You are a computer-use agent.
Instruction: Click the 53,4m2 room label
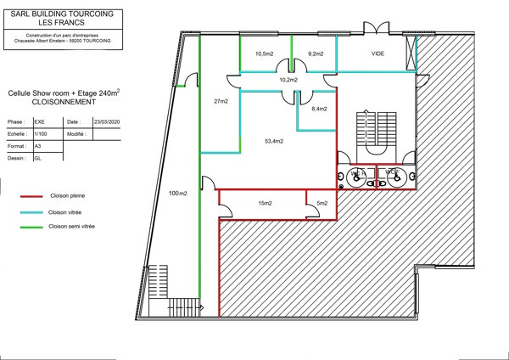click(273, 141)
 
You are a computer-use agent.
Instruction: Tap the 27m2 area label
click(221, 102)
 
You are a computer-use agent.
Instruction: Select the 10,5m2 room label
click(265, 53)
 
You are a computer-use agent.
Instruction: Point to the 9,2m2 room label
click(316, 53)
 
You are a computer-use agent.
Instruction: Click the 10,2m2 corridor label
click(289, 80)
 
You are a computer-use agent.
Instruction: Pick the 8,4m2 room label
click(319, 109)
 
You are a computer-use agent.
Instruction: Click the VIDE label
click(378, 53)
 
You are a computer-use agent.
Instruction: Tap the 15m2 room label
click(265, 203)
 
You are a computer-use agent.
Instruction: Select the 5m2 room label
click(322, 203)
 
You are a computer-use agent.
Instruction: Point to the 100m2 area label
click(177, 193)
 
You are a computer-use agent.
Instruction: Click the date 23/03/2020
click(108, 121)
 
